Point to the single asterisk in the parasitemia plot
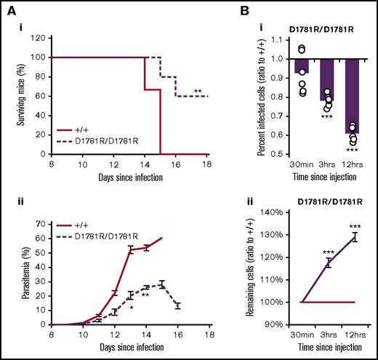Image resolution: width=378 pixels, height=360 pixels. (x=131, y=308)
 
